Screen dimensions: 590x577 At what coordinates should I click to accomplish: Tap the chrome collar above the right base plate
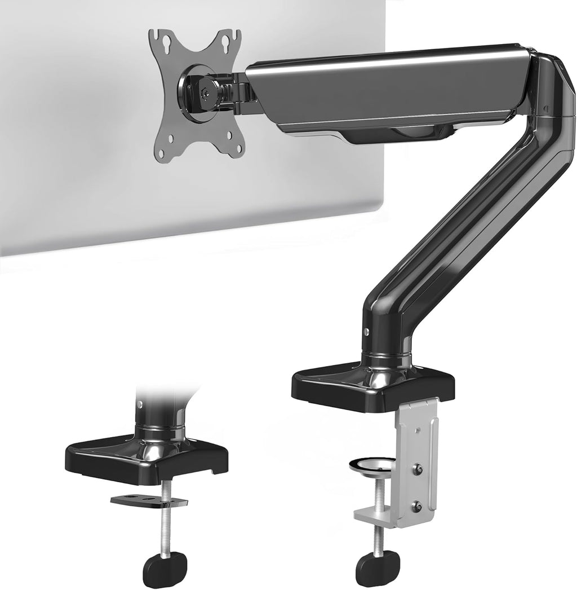[383, 359]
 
